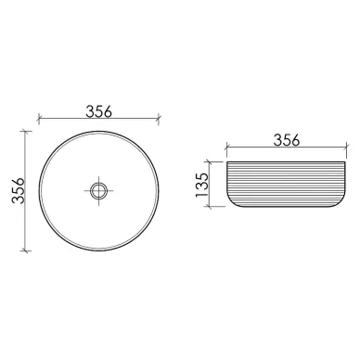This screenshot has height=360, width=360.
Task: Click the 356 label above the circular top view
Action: [x=98, y=111]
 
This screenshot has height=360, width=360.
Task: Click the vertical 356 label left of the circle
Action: [x=19, y=190]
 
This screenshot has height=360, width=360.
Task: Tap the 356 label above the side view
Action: [x=287, y=140]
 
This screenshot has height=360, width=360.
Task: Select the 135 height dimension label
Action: [x=201, y=185]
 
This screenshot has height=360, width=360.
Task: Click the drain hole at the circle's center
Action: [x=98, y=190]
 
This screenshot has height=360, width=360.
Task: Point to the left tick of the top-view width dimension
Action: [x=39, y=119]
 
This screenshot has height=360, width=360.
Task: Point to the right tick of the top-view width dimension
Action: [x=159, y=119]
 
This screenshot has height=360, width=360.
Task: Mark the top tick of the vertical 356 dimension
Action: [x=25, y=131]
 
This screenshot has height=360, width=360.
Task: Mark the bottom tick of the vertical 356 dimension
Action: [x=25, y=251]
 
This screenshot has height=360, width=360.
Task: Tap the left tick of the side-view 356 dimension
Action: [x=227, y=147]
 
